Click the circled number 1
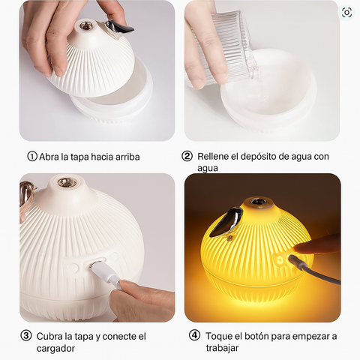[32, 156]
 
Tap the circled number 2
[187, 156]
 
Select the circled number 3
[26, 335]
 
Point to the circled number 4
[194, 335]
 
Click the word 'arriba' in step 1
[127, 157]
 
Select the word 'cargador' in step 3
[55, 349]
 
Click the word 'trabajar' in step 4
[222, 348]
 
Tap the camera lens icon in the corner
[346, 12]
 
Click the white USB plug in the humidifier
[103, 271]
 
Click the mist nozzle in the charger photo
[65, 182]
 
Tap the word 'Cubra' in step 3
[49, 337]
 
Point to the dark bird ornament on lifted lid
[119, 27]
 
